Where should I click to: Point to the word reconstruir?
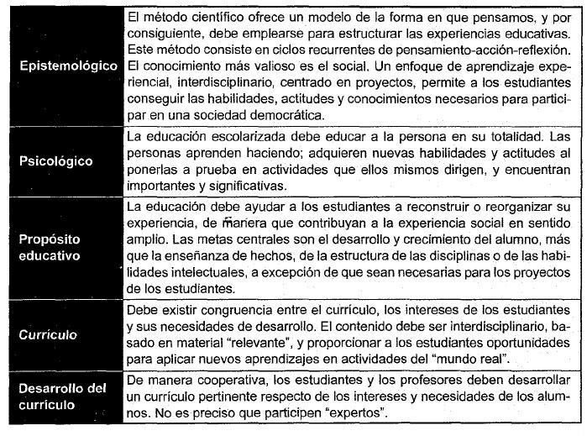tap(427, 207)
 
